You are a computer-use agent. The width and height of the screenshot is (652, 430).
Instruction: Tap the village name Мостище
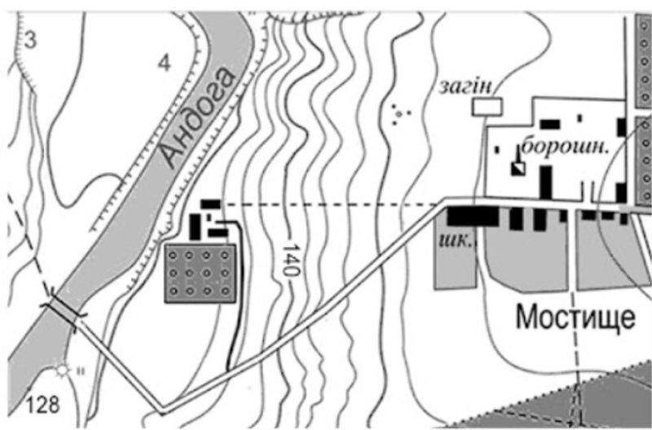(575, 317)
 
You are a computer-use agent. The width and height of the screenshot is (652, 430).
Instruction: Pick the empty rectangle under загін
(487, 105)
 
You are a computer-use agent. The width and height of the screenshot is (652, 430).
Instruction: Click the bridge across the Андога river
(64, 312)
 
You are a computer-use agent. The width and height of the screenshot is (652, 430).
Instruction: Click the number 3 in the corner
(30, 38)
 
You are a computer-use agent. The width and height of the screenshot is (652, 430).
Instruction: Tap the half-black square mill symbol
(517, 168)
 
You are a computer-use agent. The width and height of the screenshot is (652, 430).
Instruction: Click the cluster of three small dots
(399, 113)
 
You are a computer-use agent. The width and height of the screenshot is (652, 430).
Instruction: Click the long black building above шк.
(472, 217)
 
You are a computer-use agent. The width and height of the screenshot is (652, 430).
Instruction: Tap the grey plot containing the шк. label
(457, 261)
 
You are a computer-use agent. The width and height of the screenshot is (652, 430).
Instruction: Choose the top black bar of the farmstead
(211, 202)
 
